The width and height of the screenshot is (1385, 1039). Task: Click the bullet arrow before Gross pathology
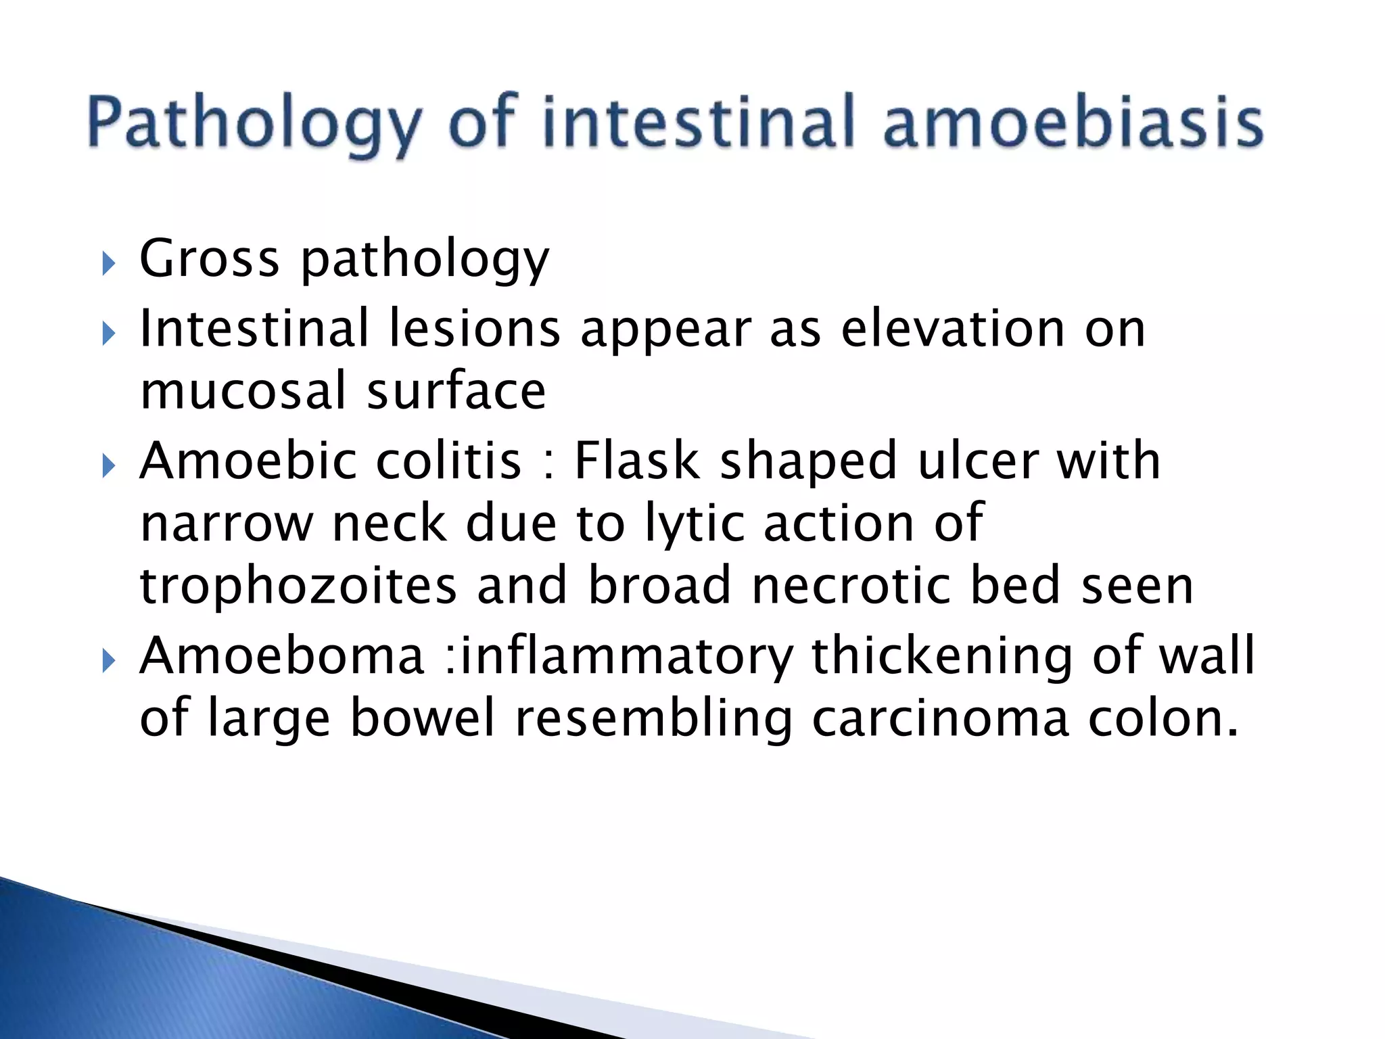click(x=109, y=263)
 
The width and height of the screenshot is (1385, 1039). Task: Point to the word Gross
click(x=209, y=259)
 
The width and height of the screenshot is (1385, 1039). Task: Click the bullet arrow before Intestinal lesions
click(x=109, y=333)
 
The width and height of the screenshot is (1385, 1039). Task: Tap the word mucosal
click(x=244, y=392)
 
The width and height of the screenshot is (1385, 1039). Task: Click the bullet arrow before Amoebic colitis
click(x=109, y=466)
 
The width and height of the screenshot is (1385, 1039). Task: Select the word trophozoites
click(x=298, y=586)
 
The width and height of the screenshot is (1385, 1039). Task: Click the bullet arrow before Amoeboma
click(x=109, y=661)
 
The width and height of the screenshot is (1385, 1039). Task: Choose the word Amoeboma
click(x=281, y=656)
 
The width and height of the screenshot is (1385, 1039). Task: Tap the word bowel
click(x=423, y=719)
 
